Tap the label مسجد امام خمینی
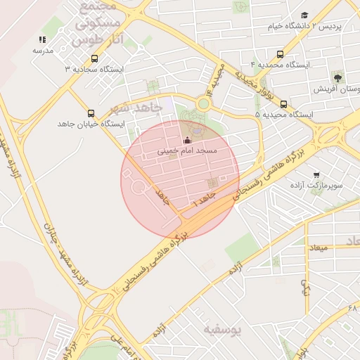187,151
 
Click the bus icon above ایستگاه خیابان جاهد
91,113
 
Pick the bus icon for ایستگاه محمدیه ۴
281,54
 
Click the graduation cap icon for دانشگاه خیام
304,15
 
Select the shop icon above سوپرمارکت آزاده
317,174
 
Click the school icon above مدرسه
42,40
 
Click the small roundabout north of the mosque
203,104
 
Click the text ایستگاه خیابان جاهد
91,124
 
